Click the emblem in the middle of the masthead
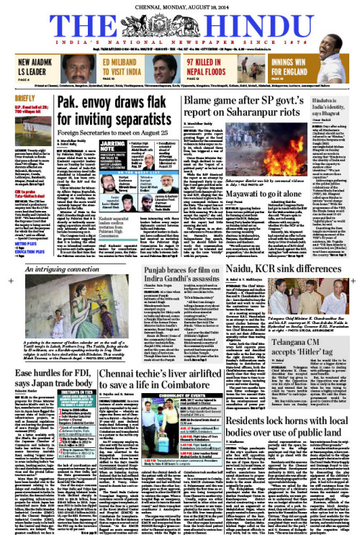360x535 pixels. pos(180,22)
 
